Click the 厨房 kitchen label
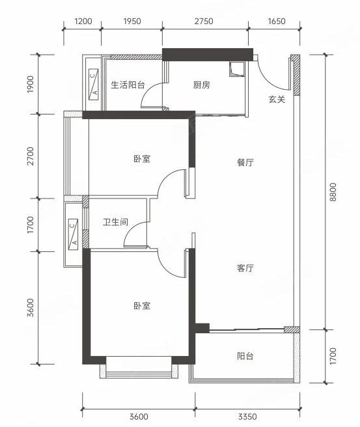[202, 85]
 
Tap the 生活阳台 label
[128, 85]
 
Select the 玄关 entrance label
[277, 100]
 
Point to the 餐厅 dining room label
[245, 163]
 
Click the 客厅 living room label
[245, 268]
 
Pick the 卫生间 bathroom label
[115, 222]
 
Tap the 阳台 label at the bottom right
[245, 356]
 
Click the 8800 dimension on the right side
[333, 192]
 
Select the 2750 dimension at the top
[204, 21]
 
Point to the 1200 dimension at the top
[83, 21]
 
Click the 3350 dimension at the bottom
[247, 417]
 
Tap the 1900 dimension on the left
[31, 84]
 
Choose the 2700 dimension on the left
[31, 156]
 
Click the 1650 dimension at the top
[277, 21]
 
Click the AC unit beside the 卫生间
[73, 234]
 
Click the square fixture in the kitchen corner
[237, 68]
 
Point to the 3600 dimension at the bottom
[139, 417]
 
